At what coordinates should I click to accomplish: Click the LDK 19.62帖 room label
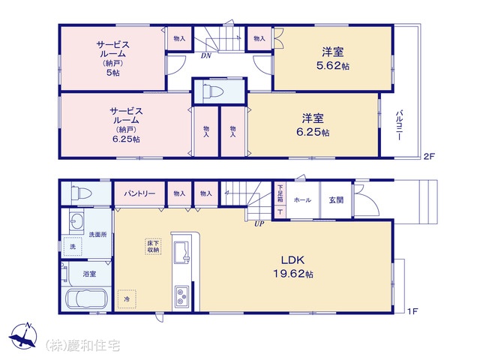[293, 267]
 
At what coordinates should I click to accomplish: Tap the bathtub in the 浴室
[87, 298]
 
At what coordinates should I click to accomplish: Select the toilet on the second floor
[213, 91]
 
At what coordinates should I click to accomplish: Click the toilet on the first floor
[81, 193]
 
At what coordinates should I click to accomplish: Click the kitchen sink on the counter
[182, 252]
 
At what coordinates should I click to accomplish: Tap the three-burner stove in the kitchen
[181, 297]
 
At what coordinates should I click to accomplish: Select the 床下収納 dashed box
[153, 247]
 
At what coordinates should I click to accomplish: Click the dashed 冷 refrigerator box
[127, 299]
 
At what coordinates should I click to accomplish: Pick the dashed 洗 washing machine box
[73, 247]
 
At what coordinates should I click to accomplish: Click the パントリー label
[139, 193]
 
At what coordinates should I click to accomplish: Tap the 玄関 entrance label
[336, 200]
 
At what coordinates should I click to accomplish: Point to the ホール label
[302, 200]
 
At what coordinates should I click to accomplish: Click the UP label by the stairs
[259, 223]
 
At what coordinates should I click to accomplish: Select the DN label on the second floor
[206, 56]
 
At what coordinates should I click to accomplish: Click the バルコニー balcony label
[400, 125]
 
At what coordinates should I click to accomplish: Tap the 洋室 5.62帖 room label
[333, 58]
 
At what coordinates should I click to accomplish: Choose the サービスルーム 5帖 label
[113, 58]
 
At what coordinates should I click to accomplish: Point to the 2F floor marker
[429, 157]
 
